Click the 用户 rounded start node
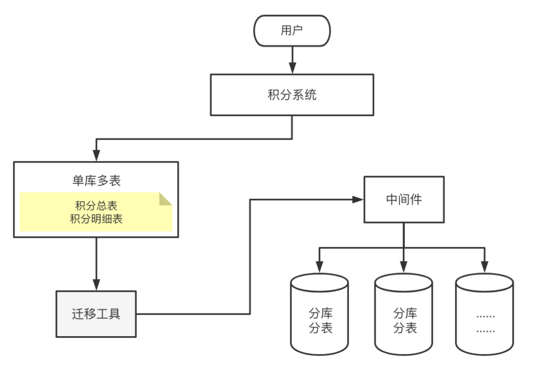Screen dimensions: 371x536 click(292, 31)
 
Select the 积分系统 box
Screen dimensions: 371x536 click(292, 95)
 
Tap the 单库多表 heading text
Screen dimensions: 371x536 click(96, 181)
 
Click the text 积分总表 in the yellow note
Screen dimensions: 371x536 click(96, 206)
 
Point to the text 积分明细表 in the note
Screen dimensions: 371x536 click(96, 219)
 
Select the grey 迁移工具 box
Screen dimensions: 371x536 click(96, 314)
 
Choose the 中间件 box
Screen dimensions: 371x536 click(403, 199)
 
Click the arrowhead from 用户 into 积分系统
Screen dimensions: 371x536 click(292, 69)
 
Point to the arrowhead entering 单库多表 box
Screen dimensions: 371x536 click(96, 155)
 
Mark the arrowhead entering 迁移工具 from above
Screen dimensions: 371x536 click(96, 285)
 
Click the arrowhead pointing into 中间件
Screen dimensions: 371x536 click(358, 199)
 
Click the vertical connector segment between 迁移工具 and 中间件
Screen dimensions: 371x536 click(250, 256)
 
